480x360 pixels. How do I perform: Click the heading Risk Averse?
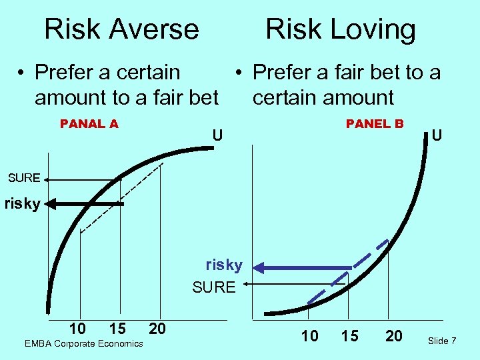pos(121,29)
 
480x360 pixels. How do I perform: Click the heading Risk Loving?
pos(340,29)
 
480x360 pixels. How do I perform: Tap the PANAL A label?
pos(89,123)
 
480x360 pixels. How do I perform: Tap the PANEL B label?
pos(375,123)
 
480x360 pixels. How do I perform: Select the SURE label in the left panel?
pos(24,178)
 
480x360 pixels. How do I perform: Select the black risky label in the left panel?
pos(22,203)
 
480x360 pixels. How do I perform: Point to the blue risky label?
pos(224,265)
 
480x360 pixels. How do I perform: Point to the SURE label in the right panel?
pos(214,287)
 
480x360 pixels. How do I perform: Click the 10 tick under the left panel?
pos(77,328)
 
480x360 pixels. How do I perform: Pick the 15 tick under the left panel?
pos(117,328)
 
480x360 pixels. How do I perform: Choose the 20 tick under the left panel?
pos(157,328)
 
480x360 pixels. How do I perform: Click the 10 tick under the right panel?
pos(310,336)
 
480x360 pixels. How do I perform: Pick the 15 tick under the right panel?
pos(349,336)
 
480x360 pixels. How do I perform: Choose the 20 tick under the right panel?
pos(394,336)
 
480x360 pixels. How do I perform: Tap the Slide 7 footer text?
pos(442,341)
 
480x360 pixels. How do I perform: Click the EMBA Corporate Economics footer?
pos(83,343)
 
